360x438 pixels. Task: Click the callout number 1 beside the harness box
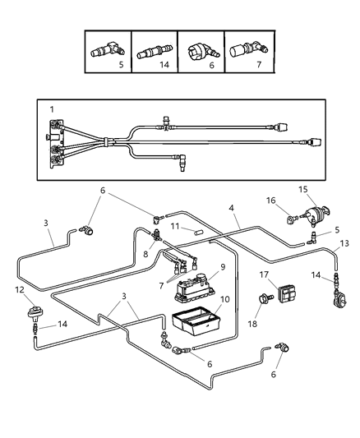pyautogui.click(x=51, y=109)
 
